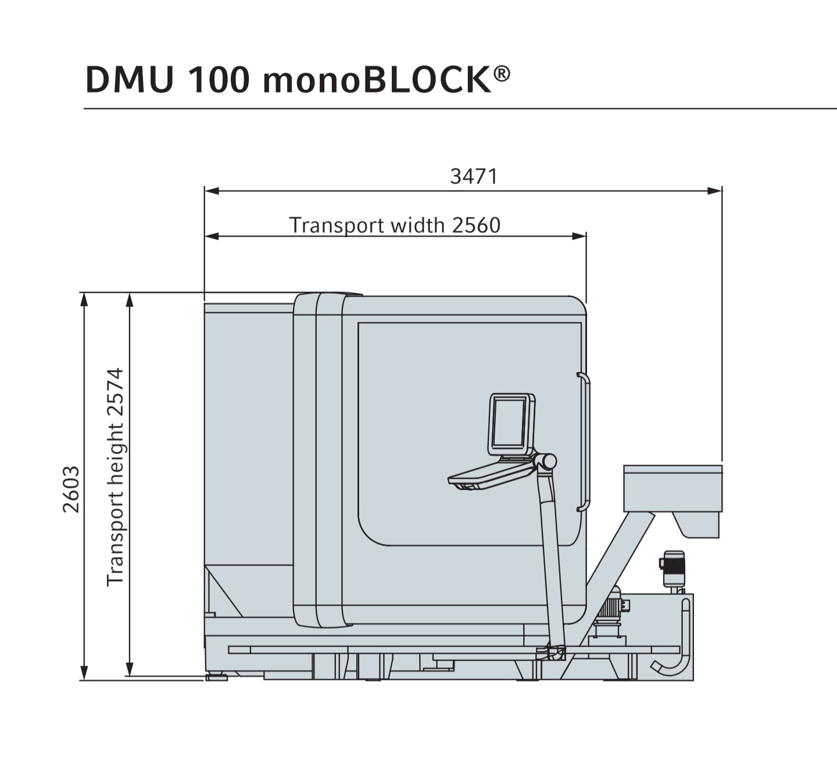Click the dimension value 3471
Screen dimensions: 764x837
click(x=474, y=176)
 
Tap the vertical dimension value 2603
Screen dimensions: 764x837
click(x=71, y=489)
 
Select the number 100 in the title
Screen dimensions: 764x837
click(x=219, y=80)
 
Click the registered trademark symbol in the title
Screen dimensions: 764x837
click(x=502, y=74)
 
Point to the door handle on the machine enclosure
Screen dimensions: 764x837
click(x=585, y=442)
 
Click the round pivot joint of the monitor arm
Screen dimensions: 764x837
click(x=547, y=462)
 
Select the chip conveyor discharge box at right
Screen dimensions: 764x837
click(x=673, y=488)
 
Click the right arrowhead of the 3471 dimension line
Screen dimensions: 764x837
click(x=714, y=190)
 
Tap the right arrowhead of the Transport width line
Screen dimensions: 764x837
click(x=579, y=236)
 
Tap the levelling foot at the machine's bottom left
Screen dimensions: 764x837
click(x=217, y=677)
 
